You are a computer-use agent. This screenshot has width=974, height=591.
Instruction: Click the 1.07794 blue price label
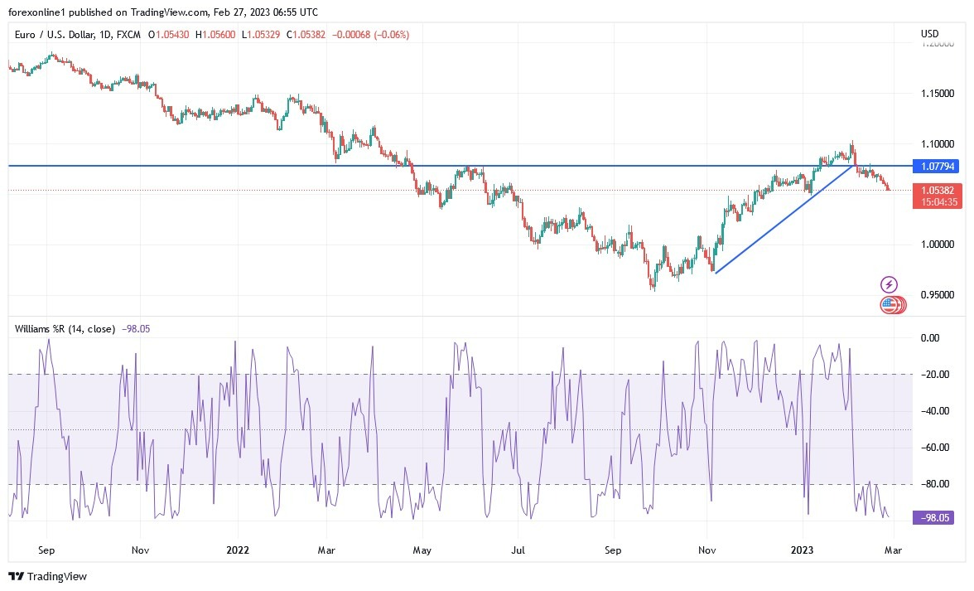938,167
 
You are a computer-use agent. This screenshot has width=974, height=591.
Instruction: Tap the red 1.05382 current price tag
938,190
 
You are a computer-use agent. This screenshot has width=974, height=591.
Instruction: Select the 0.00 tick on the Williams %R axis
932,338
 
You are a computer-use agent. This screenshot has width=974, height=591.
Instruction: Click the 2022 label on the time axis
238,550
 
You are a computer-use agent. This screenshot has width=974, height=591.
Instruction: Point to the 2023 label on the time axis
803,550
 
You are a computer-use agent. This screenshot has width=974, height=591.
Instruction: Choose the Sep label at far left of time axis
46,550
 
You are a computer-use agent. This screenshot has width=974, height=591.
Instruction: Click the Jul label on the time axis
518,550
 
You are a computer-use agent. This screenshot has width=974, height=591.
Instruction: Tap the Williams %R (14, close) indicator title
65,329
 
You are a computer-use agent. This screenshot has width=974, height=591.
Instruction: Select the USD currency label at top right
929,34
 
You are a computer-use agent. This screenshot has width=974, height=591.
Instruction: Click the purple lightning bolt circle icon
889,284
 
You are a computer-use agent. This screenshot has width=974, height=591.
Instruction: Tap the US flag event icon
889,305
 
